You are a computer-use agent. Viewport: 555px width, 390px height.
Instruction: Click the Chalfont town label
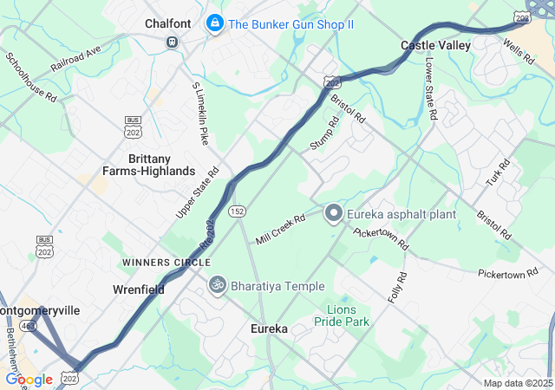pyautogui.click(x=168, y=23)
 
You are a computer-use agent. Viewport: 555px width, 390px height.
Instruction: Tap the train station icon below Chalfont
pyautogui.click(x=173, y=41)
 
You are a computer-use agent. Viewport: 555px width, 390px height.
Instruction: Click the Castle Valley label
pyautogui.click(x=435, y=44)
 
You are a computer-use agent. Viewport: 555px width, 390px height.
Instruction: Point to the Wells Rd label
pyautogui.click(x=523, y=50)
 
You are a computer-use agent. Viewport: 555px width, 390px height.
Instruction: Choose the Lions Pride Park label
pyautogui.click(x=347, y=315)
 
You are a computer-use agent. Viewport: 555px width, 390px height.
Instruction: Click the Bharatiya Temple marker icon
pyautogui.click(x=217, y=284)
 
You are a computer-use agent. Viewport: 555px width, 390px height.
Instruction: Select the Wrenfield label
pyautogui.click(x=139, y=289)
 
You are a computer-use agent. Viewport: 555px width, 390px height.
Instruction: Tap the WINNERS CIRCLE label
pyautogui.click(x=166, y=262)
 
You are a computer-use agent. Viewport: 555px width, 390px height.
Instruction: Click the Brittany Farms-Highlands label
pyautogui.click(x=161, y=165)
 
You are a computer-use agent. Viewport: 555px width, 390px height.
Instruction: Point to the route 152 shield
pyautogui.click(x=237, y=211)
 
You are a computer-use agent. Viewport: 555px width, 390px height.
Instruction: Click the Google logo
pyautogui.click(x=29, y=379)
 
